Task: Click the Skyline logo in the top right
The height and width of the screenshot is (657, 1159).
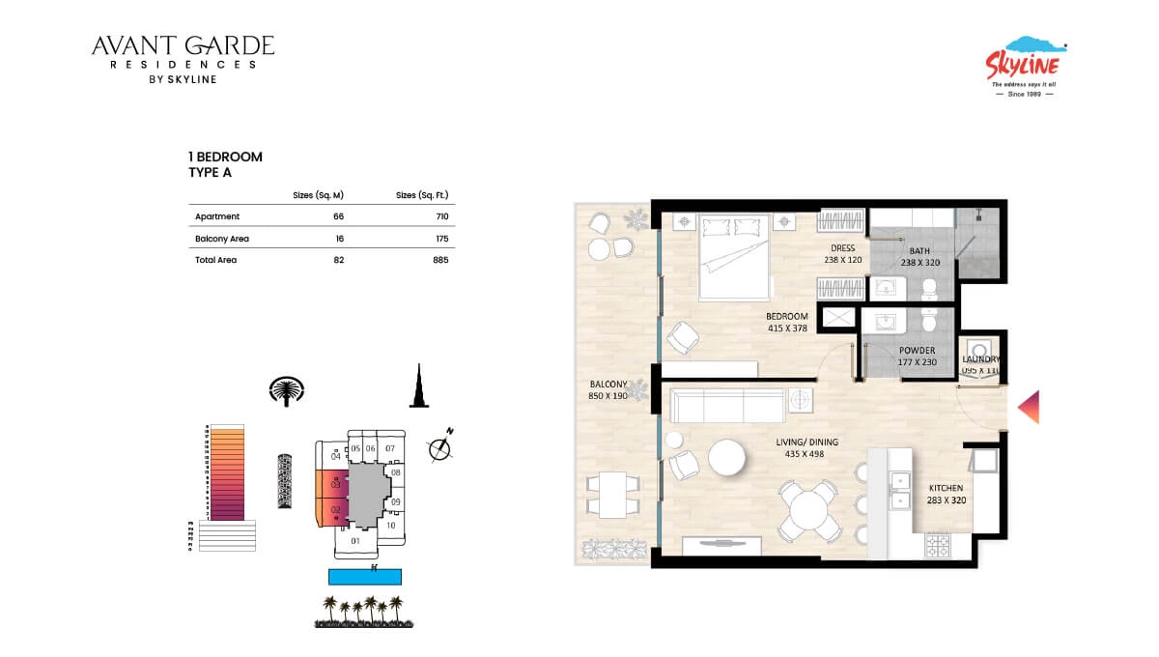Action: coord(1024,66)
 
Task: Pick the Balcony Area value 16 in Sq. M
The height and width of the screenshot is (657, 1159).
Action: coord(338,238)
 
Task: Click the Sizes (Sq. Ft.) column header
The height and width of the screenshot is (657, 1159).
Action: coord(422,195)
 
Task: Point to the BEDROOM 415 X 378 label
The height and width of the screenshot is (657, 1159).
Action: coord(786,323)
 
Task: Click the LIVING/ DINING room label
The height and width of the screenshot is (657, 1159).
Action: coord(807,448)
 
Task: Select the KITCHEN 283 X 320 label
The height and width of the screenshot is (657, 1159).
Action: coord(947,495)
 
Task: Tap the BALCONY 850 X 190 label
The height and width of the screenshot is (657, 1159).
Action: coord(608,389)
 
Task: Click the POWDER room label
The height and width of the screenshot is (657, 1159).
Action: coord(917,357)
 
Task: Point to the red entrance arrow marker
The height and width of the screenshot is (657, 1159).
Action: coord(1029,407)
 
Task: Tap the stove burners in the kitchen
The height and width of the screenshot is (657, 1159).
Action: coord(938,546)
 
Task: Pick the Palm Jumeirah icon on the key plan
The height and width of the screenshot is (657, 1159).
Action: coord(286,389)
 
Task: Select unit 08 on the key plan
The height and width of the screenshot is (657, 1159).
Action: coord(395,472)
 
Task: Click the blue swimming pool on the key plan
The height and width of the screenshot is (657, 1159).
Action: coord(364,577)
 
